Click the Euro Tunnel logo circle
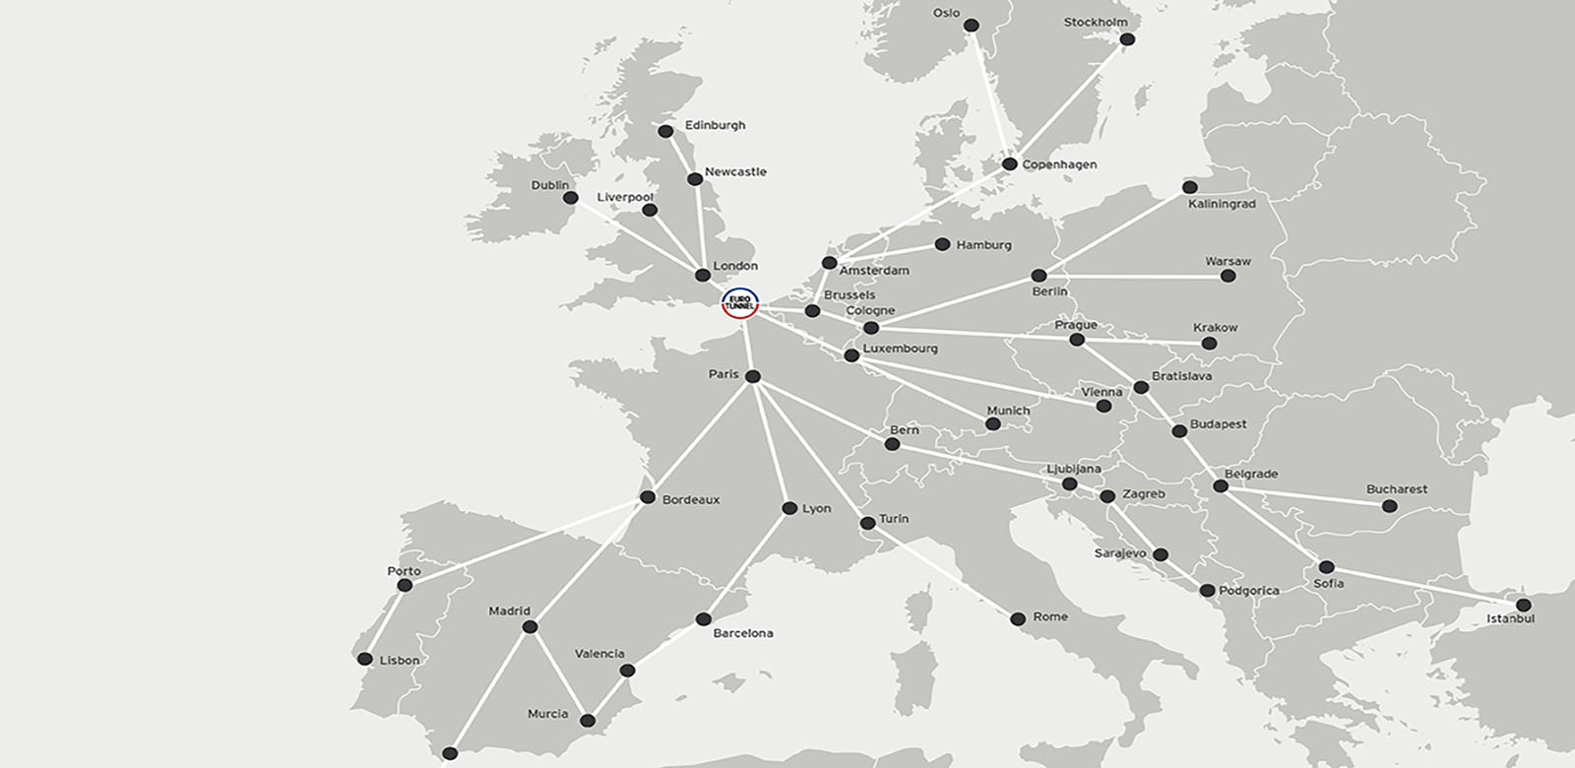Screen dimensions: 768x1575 point(738,304)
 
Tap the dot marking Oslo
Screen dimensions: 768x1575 point(972,25)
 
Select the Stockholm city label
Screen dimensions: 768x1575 point(1096,22)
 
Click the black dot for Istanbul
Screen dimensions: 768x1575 point(1524,605)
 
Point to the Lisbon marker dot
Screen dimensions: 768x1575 point(365,659)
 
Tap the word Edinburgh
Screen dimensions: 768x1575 point(716,125)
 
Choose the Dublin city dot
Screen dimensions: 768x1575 point(570,198)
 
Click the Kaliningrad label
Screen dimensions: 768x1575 point(1222,204)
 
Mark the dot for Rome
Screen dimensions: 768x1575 point(1018,618)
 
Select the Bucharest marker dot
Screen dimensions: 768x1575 point(1389,506)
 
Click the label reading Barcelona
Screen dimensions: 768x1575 point(743,633)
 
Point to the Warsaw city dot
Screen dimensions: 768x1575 point(1228,276)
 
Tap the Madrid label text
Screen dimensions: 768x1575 point(509,610)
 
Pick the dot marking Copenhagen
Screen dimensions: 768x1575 point(1009,163)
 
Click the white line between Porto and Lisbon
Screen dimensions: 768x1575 point(385,621)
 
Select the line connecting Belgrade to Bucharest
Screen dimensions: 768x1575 point(1304,496)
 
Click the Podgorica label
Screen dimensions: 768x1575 point(1249,591)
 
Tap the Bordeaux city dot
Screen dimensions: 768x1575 point(648,497)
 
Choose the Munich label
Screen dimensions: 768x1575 point(1008,410)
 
